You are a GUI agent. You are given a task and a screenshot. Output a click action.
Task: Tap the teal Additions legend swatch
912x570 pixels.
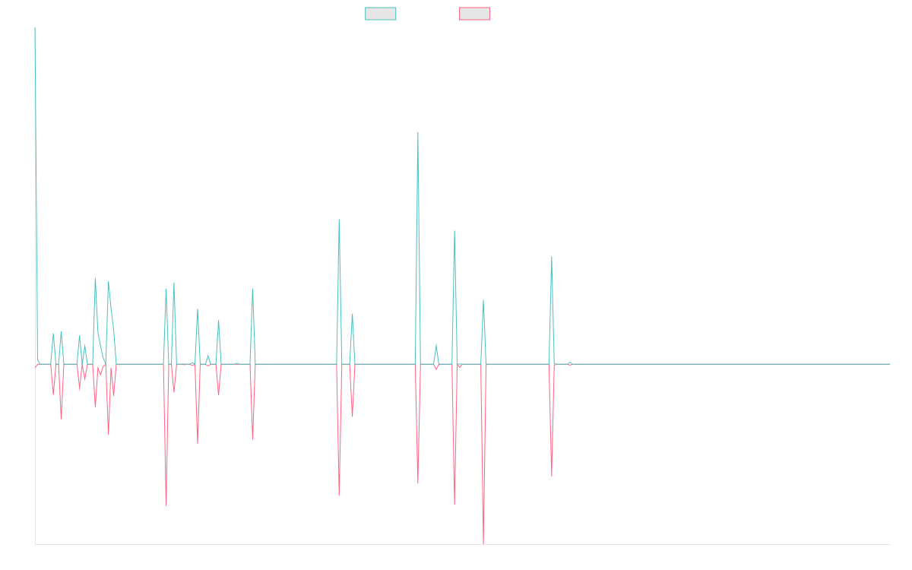click(381, 14)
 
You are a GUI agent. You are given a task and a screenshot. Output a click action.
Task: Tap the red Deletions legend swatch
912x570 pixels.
click(475, 14)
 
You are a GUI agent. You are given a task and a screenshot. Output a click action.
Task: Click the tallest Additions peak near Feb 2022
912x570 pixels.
click(418, 132)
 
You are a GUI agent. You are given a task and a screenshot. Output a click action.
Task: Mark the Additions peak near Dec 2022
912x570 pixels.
click(552, 257)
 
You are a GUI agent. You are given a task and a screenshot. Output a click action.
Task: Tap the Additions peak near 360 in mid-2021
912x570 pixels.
click(339, 220)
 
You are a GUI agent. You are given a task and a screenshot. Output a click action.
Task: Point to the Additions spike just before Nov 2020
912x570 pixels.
click(252, 289)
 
